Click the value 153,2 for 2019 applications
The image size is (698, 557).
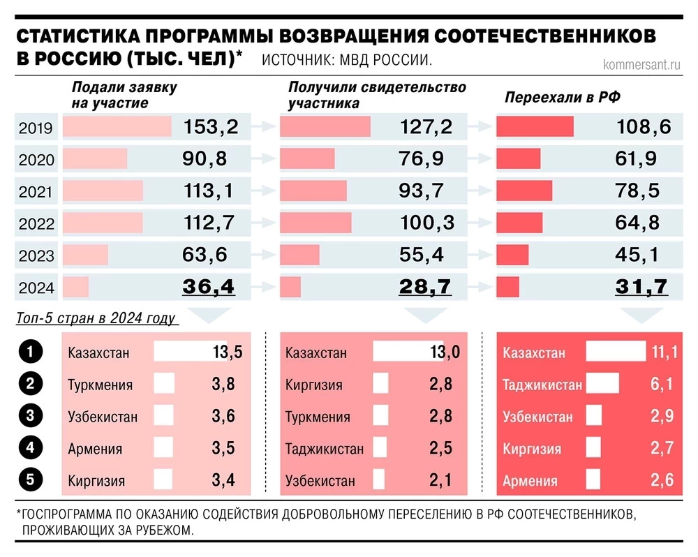pyautogui.click(x=211, y=127)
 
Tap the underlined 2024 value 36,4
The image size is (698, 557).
pyautogui.click(x=209, y=286)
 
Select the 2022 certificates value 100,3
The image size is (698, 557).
pyautogui.click(x=427, y=223)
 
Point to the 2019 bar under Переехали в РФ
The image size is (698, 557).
pyautogui.click(x=535, y=127)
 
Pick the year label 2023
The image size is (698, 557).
pyautogui.click(x=36, y=255)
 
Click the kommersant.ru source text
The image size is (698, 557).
pyautogui.click(x=641, y=64)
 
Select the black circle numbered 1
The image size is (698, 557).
pyautogui.click(x=31, y=352)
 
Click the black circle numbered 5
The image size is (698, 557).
pyautogui.click(x=31, y=480)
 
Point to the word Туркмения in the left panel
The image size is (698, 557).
pyautogui.click(x=101, y=385)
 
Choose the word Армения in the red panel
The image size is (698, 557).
pyautogui.click(x=530, y=481)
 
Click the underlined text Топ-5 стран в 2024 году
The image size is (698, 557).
pyautogui.click(x=95, y=319)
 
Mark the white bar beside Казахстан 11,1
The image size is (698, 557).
pyautogui.click(x=616, y=352)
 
